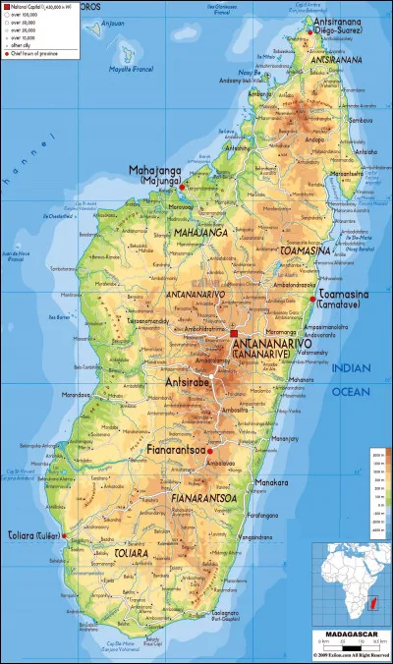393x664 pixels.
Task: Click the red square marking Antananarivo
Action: coord(233,334)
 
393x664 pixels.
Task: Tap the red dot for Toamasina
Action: coord(312,299)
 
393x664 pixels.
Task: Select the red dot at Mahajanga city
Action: coord(182,186)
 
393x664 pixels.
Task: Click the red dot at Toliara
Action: coord(64,536)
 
